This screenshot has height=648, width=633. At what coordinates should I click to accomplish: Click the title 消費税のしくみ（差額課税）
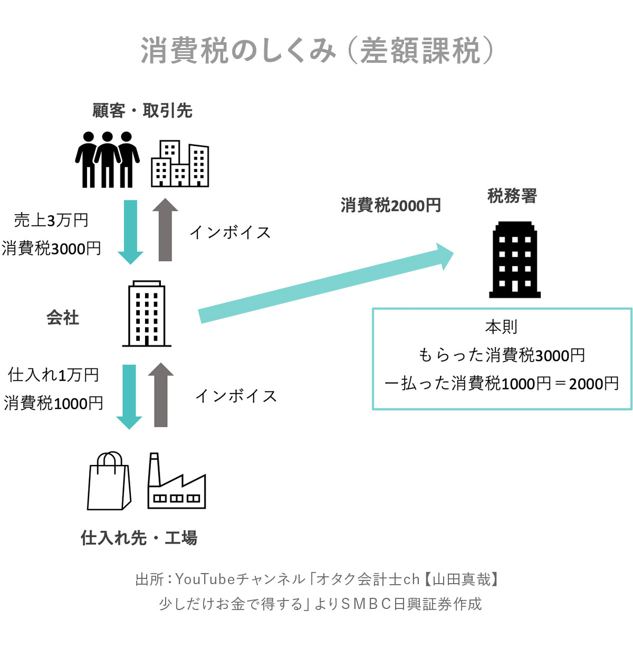click(316, 51)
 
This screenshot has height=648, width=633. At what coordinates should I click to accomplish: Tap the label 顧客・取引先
click(142, 111)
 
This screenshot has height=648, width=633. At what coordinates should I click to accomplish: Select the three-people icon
click(108, 159)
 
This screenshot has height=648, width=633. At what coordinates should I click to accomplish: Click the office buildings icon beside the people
click(180, 164)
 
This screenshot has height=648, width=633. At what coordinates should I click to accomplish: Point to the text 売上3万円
click(51, 220)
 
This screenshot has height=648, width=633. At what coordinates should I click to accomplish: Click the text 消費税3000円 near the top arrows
click(51, 248)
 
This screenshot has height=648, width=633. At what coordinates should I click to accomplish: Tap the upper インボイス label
click(231, 232)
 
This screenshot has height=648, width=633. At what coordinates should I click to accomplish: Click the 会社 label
click(63, 317)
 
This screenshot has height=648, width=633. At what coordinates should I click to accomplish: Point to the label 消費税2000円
click(391, 205)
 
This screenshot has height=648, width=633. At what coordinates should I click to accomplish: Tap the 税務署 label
click(512, 196)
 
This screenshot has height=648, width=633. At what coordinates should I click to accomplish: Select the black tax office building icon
click(515, 261)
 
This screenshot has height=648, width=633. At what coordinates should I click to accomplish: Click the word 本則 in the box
click(501, 327)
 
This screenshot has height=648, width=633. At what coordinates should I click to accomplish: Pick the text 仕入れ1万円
click(54, 375)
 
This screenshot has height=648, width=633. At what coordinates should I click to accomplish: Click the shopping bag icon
click(109, 481)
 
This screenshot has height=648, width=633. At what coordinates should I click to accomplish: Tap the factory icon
click(176, 482)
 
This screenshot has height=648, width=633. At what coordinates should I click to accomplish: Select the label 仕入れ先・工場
click(139, 538)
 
